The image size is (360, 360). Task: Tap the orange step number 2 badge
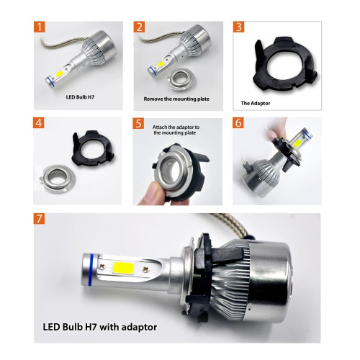click(x=139, y=28)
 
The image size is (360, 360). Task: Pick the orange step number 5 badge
click(x=139, y=122)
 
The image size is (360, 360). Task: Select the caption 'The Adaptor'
click(x=256, y=103)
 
